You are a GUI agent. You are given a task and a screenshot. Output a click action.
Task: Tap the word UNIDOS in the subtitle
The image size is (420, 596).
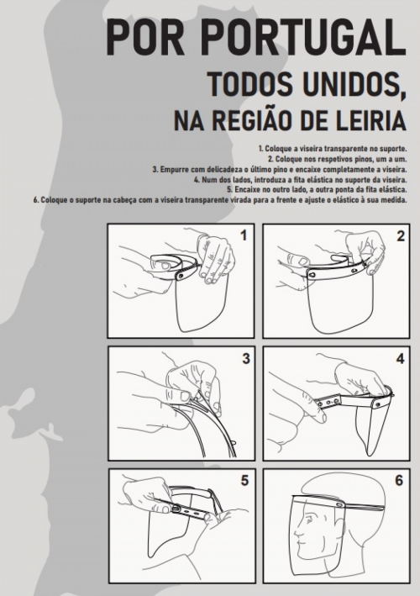(353, 83)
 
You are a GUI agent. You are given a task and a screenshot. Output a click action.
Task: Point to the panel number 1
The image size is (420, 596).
(244, 235)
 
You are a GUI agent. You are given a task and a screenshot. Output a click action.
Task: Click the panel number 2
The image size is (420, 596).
(401, 236)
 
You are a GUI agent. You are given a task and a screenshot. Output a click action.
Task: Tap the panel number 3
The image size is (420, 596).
(246, 358)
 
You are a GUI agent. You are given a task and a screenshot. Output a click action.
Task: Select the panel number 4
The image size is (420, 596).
(400, 358)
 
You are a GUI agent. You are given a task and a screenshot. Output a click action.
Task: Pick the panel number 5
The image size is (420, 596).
(245, 481)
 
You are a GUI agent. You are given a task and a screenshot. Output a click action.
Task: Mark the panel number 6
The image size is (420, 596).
(399, 481)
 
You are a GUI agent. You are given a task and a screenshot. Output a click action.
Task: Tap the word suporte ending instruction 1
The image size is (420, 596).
(396, 148)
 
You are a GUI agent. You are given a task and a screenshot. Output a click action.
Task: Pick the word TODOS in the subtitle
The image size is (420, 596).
(249, 83)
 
